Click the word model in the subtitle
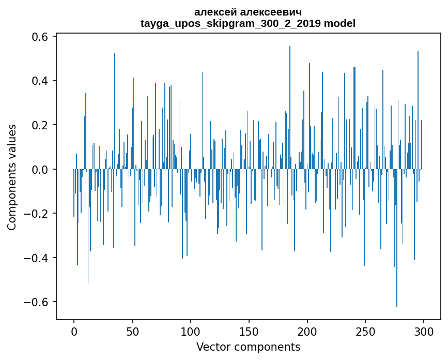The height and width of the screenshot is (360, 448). point(339,23)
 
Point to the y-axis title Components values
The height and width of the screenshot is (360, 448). point(12,177)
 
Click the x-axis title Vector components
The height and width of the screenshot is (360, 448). point(248,347)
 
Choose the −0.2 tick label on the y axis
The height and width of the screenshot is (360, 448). point(36,214)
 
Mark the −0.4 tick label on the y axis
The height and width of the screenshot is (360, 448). point(36,258)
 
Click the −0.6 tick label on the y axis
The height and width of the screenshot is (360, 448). point(36,302)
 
